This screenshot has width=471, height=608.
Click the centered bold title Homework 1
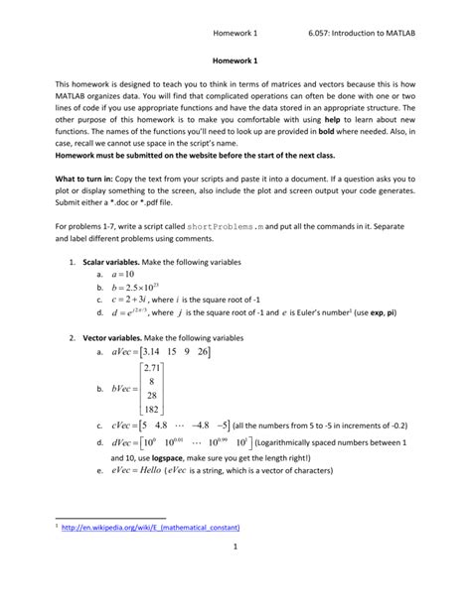(235, 61)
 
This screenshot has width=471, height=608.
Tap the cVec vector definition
(173, 426)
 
